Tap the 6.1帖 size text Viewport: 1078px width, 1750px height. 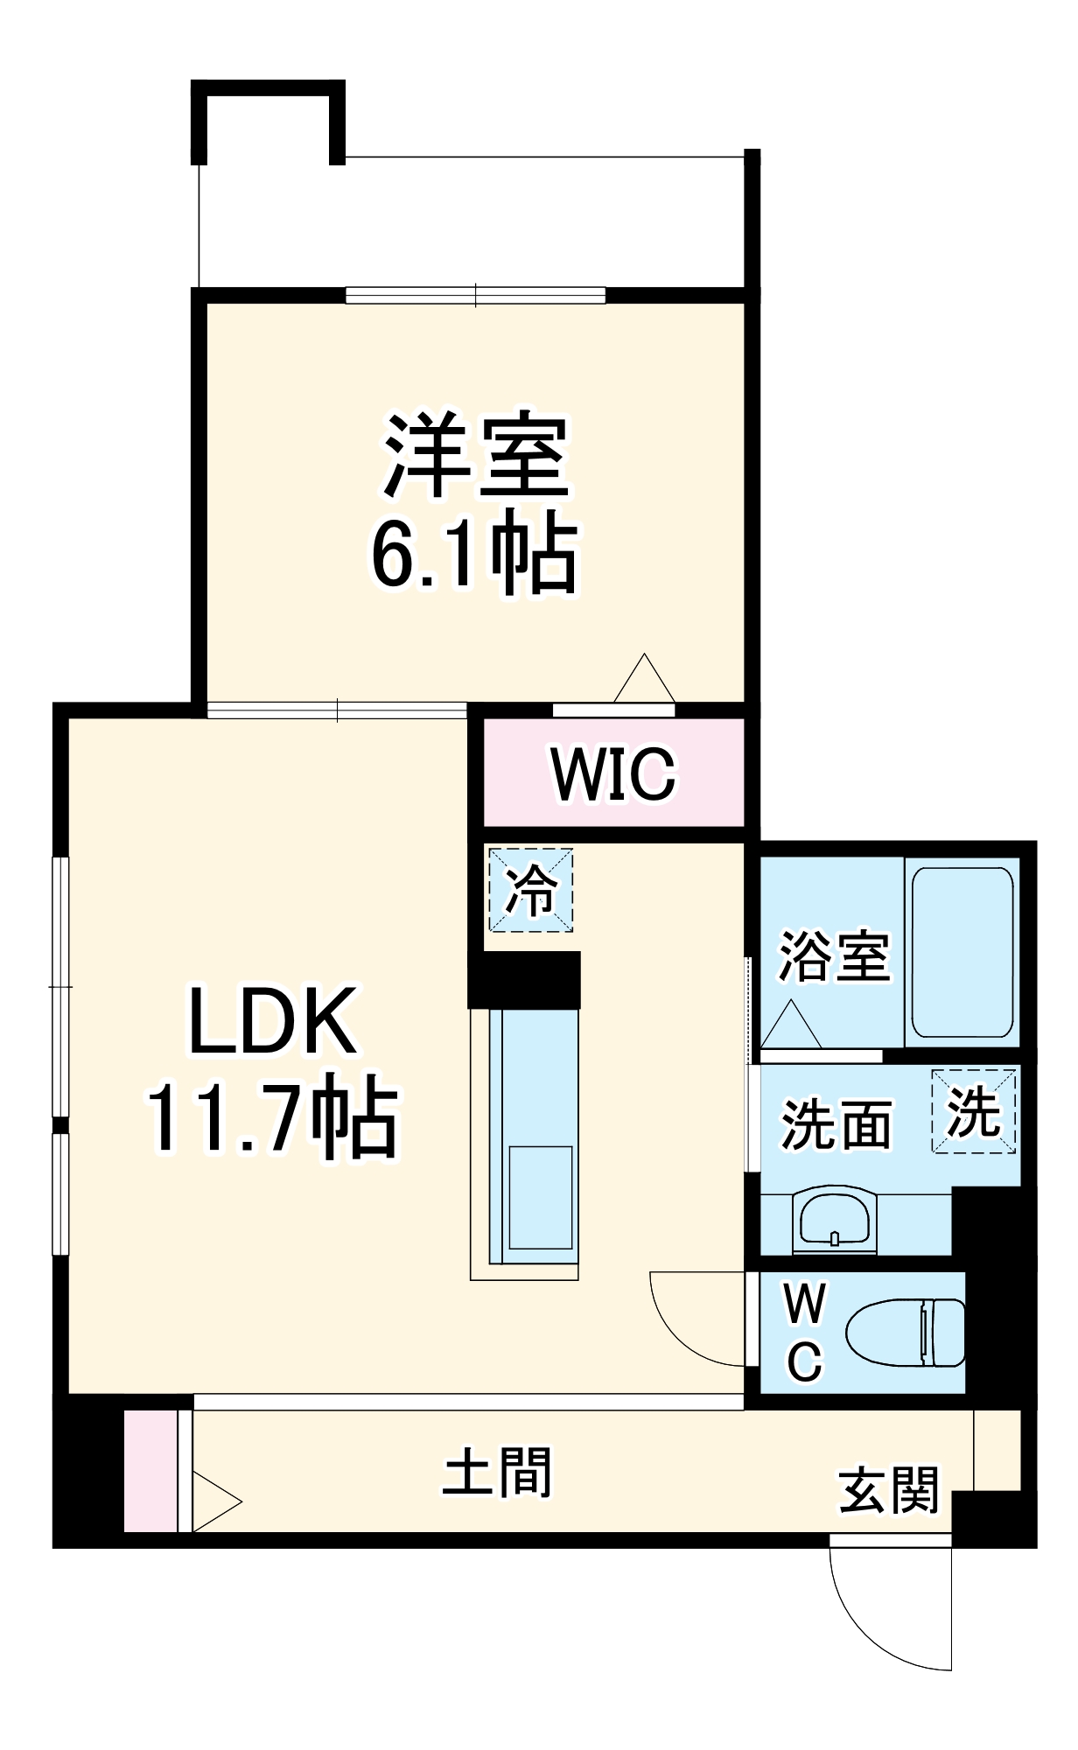tap(475, 556)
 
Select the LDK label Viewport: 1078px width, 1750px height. tap(273, 1021)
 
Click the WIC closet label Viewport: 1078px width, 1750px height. tap(613, 773)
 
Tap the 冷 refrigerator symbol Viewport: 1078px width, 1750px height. tap(531, 890)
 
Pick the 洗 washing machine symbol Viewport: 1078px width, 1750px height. tap(975, 1112)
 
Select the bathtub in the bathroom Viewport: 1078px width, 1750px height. tap(962, 952)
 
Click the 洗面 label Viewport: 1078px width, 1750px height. tap(836, 1124)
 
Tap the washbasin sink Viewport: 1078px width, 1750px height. tap(834, 1219)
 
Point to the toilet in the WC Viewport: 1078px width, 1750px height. tap(906, 1333)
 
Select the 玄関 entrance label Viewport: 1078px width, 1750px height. tap(889, 1490)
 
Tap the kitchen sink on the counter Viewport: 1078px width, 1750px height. tap(541, 1197)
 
